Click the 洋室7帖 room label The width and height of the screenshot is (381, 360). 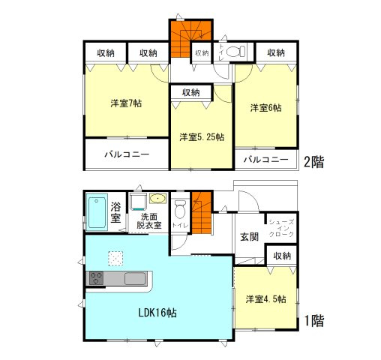pyautogui.click(x=127, y=103)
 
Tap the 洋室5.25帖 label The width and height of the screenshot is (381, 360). pyautogui.click(x=200, y=137)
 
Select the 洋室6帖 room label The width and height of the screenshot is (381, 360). pyautogui.click(x=265, y=108)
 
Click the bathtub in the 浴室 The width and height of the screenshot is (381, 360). pyautogui.click(x=97, y=213)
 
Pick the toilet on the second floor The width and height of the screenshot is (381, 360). pyautogui.click(x=235, y=52)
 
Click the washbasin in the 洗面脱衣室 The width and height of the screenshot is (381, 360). pyautogui.click(x=157, y=199)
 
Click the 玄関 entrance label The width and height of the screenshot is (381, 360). pyautogui.click(x=250, y=236)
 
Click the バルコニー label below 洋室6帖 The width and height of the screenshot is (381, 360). pyautogui.click(x=265, y=160)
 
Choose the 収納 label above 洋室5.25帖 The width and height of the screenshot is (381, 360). pyautogui.click(x=190, y=92)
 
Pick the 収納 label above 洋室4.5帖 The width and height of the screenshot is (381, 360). pyautogui.click(x=282, y=256)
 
